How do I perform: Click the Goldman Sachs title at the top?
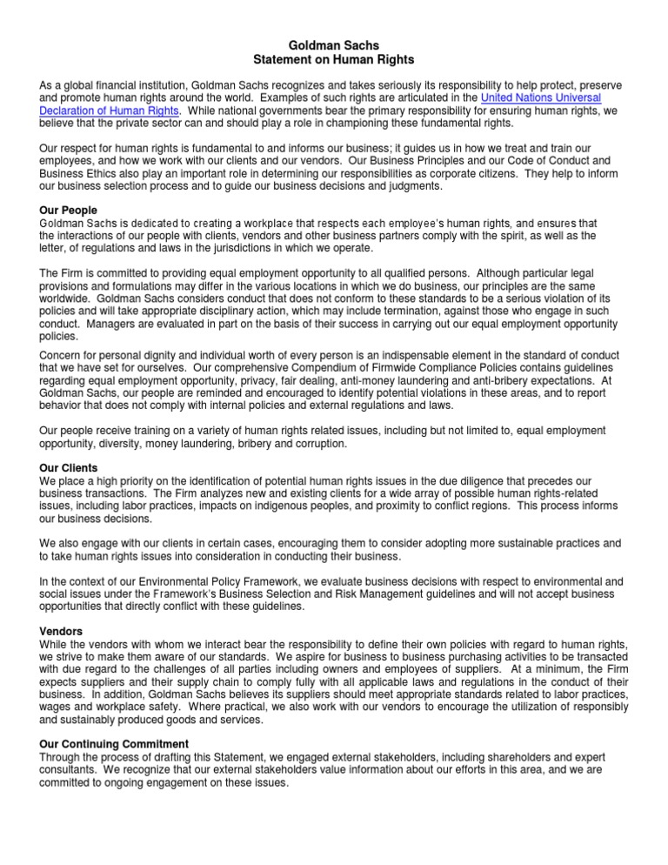tap(334, 44)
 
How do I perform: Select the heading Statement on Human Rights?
tap(334, 58)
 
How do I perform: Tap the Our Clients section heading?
tap(69, 467)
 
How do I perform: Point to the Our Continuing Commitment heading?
tap(114, 744)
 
